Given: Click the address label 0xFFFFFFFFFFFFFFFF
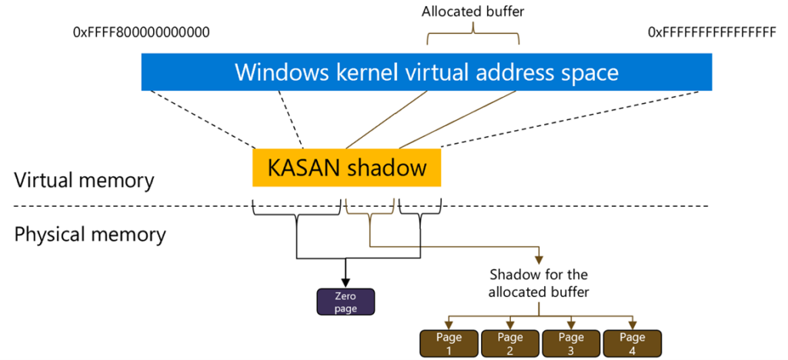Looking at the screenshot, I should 712,32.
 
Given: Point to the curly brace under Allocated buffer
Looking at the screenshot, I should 474,35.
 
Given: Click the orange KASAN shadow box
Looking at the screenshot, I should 346,168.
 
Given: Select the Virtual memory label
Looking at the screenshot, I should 85,181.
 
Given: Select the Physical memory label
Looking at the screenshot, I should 90,233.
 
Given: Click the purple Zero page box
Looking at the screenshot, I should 346,301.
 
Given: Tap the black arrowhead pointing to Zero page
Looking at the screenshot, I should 346,282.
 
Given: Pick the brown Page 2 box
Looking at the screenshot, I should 509,343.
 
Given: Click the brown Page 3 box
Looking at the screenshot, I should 571,343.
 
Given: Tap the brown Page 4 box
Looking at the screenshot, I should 632,343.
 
